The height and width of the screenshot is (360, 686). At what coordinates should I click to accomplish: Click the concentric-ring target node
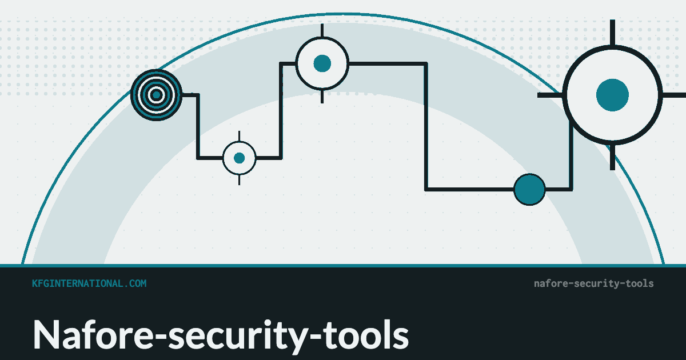click(157, 95)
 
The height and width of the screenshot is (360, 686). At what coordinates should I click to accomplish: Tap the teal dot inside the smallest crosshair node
click(239, 158)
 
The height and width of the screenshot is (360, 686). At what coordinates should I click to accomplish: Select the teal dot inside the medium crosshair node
click(322, 63)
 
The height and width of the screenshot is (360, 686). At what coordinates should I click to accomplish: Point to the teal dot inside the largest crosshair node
click(612, 95)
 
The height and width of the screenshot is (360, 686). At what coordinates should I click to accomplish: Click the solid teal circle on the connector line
click(529, 190)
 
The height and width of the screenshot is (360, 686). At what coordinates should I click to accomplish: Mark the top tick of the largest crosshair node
click(612, 33)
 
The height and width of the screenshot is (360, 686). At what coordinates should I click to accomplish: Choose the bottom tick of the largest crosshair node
click(612, 157)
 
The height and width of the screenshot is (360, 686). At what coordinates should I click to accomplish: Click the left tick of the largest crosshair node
click(550, 95)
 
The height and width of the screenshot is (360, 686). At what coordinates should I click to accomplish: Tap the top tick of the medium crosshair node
click(322, 31)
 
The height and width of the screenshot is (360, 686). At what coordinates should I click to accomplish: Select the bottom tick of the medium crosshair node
click(322, 97)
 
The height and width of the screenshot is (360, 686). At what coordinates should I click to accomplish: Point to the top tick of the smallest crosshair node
click(239, 136)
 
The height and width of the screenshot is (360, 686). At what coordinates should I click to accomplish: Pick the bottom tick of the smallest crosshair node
click(239, 179)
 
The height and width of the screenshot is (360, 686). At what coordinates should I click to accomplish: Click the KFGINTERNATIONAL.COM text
click(89, 283)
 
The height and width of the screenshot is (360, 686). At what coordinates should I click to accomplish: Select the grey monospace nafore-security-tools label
click(594, 283)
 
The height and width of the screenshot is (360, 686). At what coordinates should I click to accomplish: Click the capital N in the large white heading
click(46, 334)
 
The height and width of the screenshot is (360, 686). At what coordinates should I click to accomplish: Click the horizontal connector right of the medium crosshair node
click(388, 63)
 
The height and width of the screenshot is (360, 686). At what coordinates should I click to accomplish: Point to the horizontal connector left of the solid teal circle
click(469, 190)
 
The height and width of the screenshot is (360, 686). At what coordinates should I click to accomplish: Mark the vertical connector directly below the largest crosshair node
click(571, 155)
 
